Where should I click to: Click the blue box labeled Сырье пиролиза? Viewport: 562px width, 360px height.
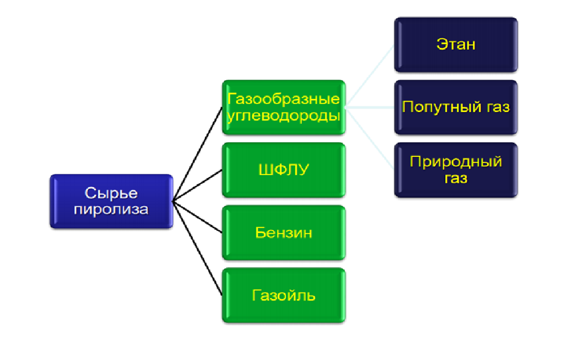[x=111, y=201]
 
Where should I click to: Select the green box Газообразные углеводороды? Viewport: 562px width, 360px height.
[x=284, y=107]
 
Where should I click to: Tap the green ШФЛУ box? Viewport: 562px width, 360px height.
[x=284, y=169]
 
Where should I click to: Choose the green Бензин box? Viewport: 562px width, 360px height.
[x=284, y=232]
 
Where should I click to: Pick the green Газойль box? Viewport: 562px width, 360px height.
[x=284, y=295]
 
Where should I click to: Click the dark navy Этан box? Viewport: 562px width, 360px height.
[x=456, y=44]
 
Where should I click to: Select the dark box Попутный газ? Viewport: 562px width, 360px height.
[x=456, y=107]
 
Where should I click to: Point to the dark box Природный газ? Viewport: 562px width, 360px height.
[x=456, y=169]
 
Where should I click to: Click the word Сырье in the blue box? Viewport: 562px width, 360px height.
[x=111, y=193]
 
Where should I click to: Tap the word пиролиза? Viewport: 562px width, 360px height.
[x=111, y=209]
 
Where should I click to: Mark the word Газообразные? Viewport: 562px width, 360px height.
[x=284, y=99]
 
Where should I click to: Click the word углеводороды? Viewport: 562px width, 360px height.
[x=284, y=116]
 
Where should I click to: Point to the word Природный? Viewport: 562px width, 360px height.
[x=456, y=162]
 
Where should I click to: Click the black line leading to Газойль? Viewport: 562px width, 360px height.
[x=197, y=247]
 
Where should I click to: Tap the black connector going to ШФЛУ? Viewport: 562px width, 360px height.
[x=197, y=185]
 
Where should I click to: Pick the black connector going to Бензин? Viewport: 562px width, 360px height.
[x=197, y=217]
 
